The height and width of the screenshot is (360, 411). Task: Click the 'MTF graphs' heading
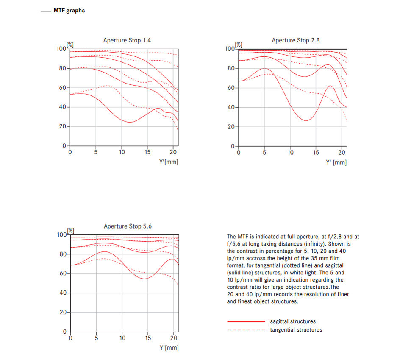click(x=69, y=11)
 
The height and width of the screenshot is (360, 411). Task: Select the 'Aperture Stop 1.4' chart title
click(x=127, y=41)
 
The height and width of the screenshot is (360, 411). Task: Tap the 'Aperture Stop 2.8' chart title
click(x=295, y=41)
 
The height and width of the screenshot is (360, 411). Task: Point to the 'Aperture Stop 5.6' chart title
click(x=128, y=226)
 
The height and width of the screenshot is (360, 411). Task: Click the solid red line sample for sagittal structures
click(x=246, y=321)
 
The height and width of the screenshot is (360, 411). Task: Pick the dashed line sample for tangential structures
click(x=246, y=330)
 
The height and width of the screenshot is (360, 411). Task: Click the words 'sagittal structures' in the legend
click(x=293, y=321)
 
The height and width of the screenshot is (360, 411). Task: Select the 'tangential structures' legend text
click(x=296, y=330)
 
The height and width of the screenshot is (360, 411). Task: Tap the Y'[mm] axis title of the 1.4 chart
click(x=168, y=162)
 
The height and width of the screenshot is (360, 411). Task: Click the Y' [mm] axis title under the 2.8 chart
click(x=336, y=162)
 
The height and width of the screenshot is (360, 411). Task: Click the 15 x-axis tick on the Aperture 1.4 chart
click(x=147, y=152)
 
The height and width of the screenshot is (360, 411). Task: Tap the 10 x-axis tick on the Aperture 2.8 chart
click(x=290, y=153)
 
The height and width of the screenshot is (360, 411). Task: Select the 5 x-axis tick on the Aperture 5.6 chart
click(x=96, y=338)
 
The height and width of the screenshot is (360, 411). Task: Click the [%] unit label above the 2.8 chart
click(x=239, y=45)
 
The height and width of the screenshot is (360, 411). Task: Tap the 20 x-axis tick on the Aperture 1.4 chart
click(x=173, y=152)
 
